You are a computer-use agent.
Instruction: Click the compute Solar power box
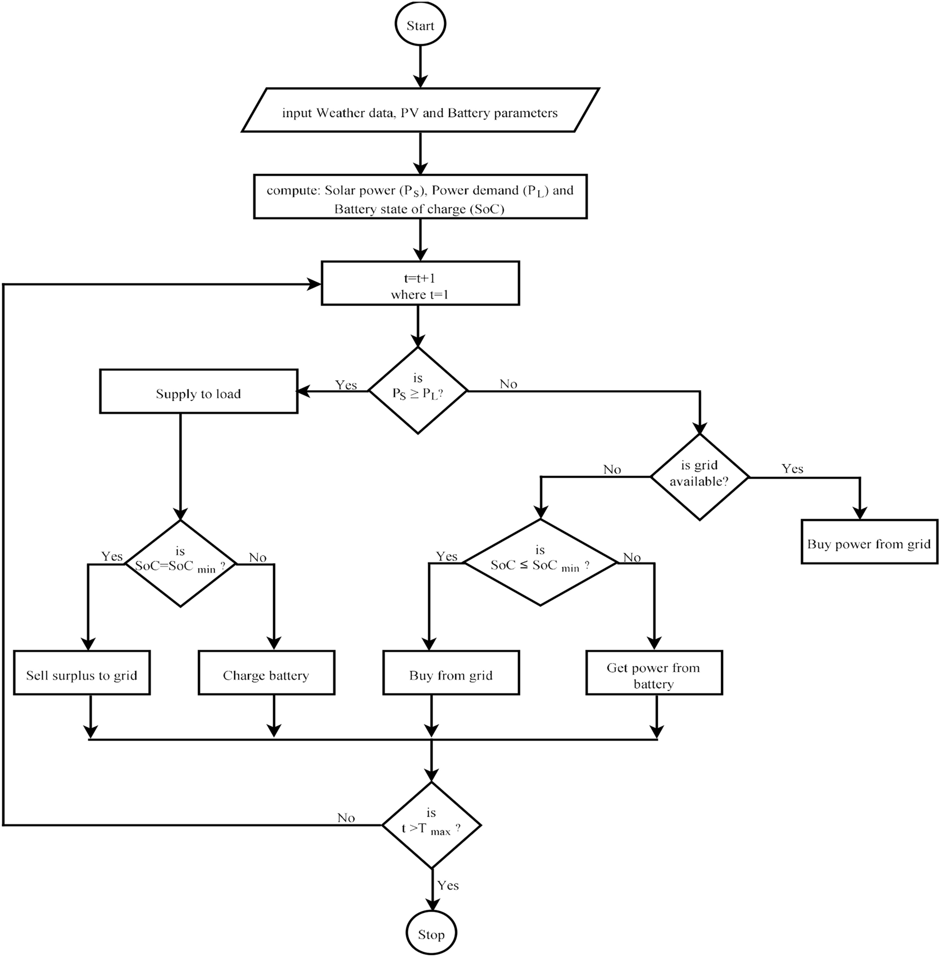tap(420, 197)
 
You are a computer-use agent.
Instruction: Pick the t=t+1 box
tap(420, 284)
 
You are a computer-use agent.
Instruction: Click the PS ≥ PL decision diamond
tap(418, 391)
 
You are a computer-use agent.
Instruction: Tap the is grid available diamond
tap(700, 477)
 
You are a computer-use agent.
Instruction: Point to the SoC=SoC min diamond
tap(181, 564)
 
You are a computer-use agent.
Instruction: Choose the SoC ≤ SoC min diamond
tap(540, 563)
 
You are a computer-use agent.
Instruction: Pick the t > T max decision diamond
tap(431, 825)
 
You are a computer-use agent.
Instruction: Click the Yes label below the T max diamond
tap(448, 885)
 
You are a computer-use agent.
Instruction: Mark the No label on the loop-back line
tap(346, 818)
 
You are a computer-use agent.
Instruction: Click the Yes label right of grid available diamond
tap(792, 469)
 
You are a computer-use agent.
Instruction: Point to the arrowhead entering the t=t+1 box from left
tap(315, 284)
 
